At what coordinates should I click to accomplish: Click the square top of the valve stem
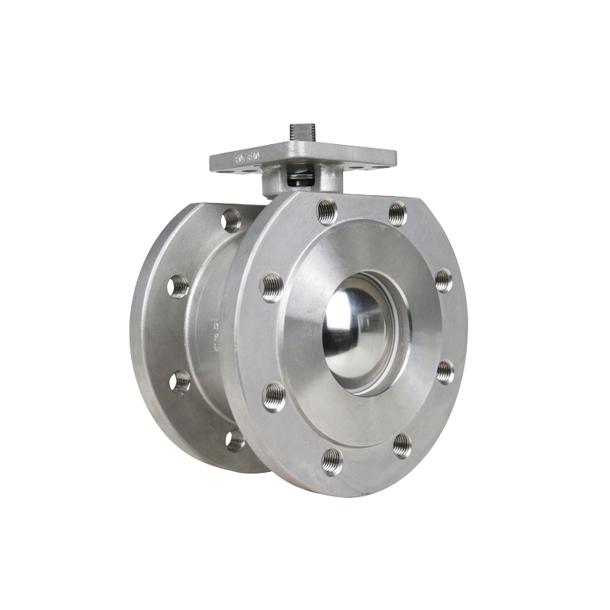[x=298, y=130]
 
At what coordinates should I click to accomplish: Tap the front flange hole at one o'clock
[x=397, y=213]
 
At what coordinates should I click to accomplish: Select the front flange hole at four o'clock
[x=445, y=371]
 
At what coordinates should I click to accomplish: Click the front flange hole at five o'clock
[x=402, y=445]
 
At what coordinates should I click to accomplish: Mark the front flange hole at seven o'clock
[x=332, y=460]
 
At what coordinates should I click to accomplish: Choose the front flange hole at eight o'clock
[x=274, y=396]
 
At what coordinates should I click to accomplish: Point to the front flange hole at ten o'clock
[x=273, y=287]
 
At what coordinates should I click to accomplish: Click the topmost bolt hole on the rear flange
[x=231, y=220]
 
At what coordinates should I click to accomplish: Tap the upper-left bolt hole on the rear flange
[x=178, y=286]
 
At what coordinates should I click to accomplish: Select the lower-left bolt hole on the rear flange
[x=180, y=380]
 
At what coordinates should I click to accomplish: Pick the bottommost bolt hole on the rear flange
[x=236, y=440]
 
